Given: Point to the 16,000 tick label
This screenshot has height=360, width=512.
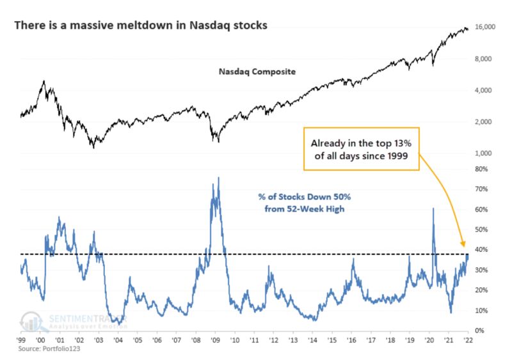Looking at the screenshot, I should click(485, 27).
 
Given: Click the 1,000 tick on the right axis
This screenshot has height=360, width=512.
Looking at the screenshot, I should click(483, 153).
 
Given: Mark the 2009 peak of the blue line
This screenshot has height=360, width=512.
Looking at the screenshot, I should click(218, 178).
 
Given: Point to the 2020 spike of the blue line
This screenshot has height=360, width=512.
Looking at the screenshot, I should click(433, 208).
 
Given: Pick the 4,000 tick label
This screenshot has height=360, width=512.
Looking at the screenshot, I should click(484, 90).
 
